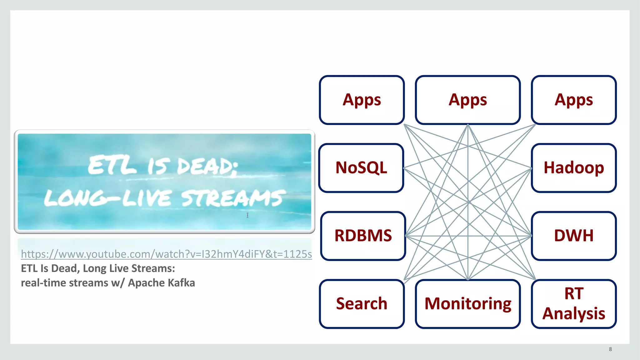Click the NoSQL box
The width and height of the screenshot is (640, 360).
click(x=361, y=168)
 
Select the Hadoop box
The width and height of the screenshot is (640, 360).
click(x=574, y=168)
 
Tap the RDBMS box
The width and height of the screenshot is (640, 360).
click(x=363, y=236)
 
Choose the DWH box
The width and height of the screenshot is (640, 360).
click(x=574, y=236)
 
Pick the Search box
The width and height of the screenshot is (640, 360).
click(x=362, y=304)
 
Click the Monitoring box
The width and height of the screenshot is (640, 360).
click(x=468, y=304)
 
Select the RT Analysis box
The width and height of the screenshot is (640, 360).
click(x=574, y=304)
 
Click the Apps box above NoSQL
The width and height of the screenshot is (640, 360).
click(x=362, y=100)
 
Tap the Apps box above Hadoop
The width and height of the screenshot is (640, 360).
click(x=574, y=100)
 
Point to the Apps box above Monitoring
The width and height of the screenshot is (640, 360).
click(x=468, y=100)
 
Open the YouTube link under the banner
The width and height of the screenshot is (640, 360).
click(x=166, y=254)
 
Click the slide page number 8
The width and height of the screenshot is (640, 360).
click(x=610, y=349)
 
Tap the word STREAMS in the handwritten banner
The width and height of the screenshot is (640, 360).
click(x=233, y=198)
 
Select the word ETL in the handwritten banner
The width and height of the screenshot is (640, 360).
click(x=112, y=166)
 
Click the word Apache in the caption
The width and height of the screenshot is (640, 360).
click(x=146, y=283)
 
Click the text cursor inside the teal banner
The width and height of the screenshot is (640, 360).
click(x=247, y=215)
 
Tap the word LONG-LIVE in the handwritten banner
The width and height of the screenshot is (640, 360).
click(x=107, y=199)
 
